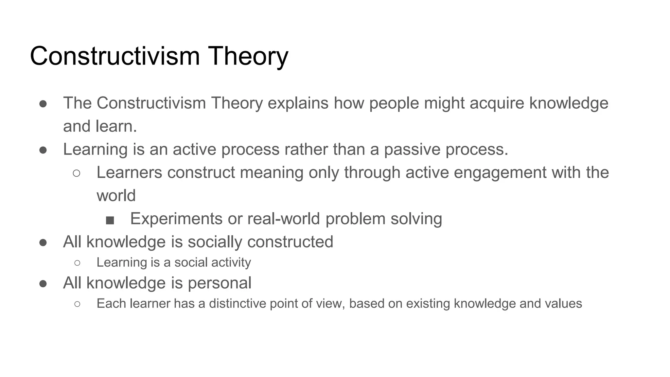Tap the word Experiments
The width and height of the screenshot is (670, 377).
(x=176, y=219)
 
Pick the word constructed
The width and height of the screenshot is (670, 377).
(x=290, y=242)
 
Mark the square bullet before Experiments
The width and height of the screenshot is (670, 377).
(x=110, y=221)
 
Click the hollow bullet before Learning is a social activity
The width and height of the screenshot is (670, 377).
(x=77, y=263)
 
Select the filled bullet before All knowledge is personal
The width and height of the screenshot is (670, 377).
(x=43, y=283)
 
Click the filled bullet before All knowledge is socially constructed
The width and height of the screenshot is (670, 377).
(x=43, y=242)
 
